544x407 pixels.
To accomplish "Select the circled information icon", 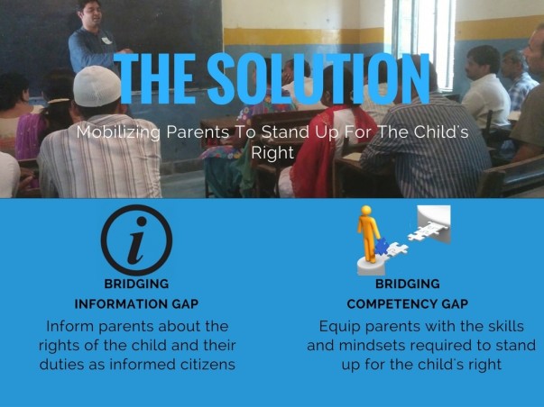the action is pos(137,240).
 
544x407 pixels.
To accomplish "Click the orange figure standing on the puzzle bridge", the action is pos(368,234).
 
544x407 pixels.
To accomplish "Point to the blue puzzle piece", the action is pos(382,247).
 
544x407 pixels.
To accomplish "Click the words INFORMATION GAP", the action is pos(136,304).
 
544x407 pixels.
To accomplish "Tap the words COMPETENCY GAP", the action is pos(407,304).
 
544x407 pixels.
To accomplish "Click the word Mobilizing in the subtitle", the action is pos(118,132).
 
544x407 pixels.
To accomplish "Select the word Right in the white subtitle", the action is pos(272,153).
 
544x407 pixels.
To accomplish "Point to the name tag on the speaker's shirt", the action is pos(106,41).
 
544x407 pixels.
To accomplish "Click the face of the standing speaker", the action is pos(91,13).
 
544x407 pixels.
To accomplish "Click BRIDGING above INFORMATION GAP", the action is pos(136,284).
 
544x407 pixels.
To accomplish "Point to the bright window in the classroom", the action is pos(424,41).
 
